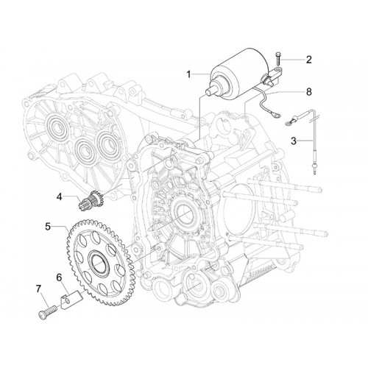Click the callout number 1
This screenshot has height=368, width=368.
tap(188, 74)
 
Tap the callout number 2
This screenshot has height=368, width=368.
tap(308, 60)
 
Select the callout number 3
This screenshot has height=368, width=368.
tap(294, 141)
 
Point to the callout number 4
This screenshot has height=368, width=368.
tap(60, 197)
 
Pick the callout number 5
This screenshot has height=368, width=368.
tap(48, 226)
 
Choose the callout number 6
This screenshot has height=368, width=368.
tap(59, 277)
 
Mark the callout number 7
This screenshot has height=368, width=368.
tap(38, 289)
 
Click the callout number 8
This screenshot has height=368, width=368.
tap(308, 92)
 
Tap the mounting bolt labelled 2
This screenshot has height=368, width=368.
tap(277, 59)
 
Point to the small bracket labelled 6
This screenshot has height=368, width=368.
tap(70, 300)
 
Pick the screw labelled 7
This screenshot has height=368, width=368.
tap(48, 311)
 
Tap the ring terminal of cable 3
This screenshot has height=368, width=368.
tap(290, 122)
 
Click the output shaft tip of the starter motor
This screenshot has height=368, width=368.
tap(208, 93)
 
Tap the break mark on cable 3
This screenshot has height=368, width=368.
tap(314, 119)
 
